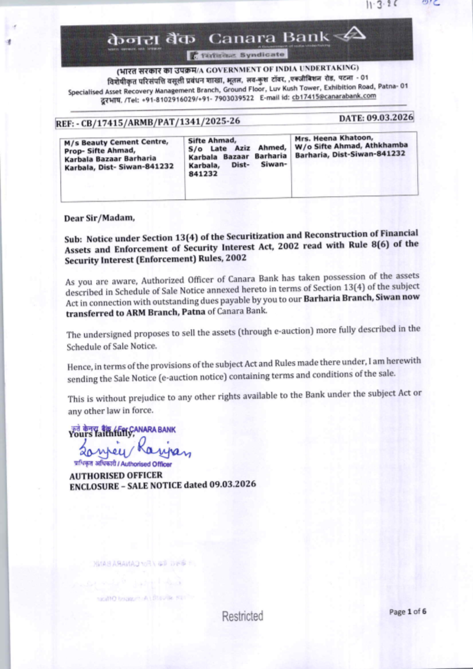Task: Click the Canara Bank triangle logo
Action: tap(350, 35)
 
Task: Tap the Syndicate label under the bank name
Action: tap(262, 55)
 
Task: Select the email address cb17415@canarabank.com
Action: tap(334, 96)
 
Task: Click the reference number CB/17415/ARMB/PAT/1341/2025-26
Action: tap(161, 122)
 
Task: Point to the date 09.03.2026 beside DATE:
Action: tap(383, 117)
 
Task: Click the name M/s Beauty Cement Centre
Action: tap(116, 142)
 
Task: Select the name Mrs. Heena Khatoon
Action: tap(333, 138)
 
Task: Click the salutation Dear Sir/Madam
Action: tap(99, 218)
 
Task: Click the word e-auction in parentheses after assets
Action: tap(293, 331)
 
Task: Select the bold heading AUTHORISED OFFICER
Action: tap(116, 475)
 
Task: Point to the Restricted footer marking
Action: tap(242, 616)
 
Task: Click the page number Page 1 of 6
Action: tap(407, 612)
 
